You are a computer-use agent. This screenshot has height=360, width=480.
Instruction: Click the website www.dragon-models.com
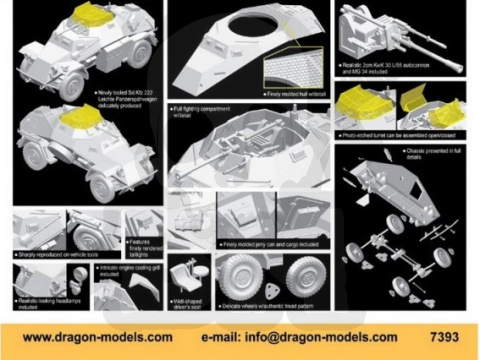pyautogui.click(x=96, y=337)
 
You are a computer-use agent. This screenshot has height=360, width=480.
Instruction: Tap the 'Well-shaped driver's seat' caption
pyautogui.click(x=184, y=300)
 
